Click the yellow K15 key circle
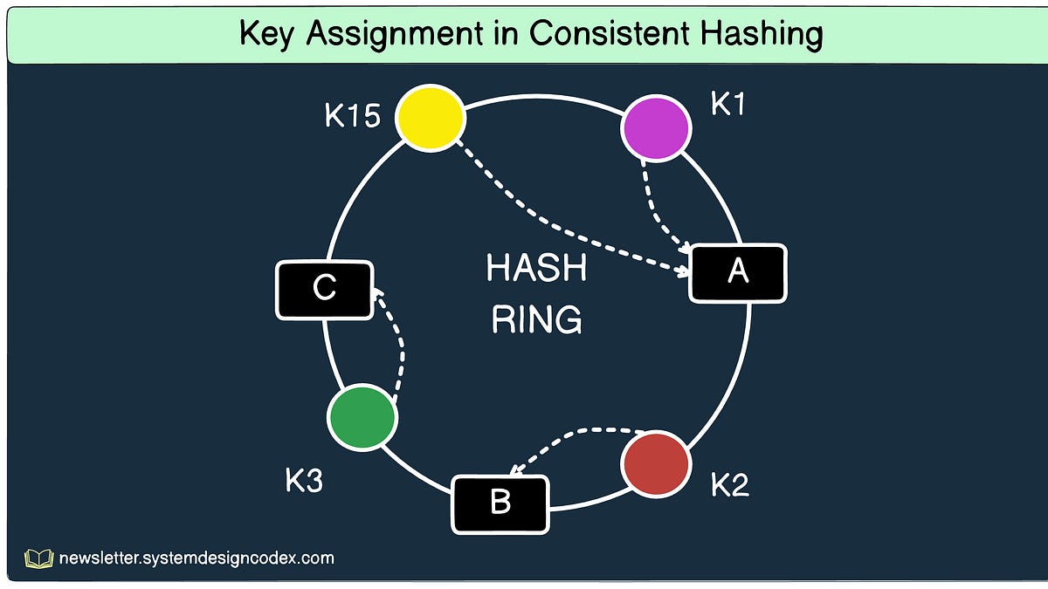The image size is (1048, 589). click(x=430, y=117)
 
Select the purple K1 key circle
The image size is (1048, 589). click(x=656, y=127)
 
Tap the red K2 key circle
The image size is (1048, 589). click(x=655, y=463)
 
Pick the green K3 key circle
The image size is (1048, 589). click(x=362, y=417)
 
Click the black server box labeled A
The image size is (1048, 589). click(x=738, y=273)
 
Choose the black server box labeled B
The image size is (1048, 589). click(x=500, y=503)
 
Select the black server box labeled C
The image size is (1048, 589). click(x=325, y=289)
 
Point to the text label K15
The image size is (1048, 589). click(x=353, y=116)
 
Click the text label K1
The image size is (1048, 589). click(x=729, y=105)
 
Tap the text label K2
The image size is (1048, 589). click(x=729, y=485)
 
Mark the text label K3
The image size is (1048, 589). click(x=304, y=480)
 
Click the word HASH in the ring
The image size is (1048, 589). click(x=536, y=269)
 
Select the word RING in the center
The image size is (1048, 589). click(x=536, y=320)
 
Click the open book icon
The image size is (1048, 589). click(x=39, y=558)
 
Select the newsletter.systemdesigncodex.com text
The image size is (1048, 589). click(x=196, y=558)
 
